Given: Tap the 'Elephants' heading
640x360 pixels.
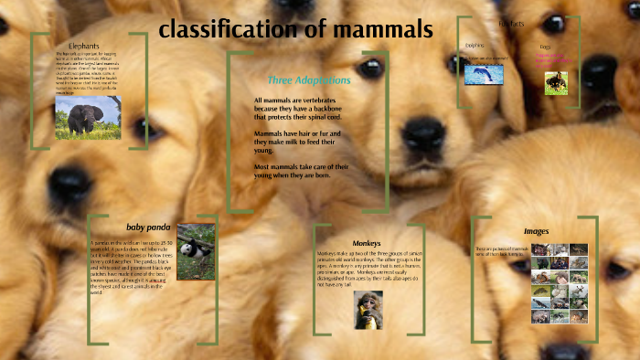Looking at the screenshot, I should (x=83, y=46).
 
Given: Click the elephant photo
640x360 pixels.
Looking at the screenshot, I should (x=88, y=117).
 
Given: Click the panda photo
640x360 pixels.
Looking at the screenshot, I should (x=196, y=252).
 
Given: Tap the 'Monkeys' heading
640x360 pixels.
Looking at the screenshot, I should (x=367, y=242).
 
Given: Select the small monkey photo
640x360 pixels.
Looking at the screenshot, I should (x=368, y=309).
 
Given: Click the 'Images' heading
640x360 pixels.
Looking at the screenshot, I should (x=536, y=231).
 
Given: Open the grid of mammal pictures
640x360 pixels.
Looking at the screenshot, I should (x=560, y=283).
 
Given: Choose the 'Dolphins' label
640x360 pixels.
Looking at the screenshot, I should (x=475, y=44).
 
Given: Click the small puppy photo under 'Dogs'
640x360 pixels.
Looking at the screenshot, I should (x=557, y=83).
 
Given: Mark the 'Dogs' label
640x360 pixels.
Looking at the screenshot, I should (x=546, y=46).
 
